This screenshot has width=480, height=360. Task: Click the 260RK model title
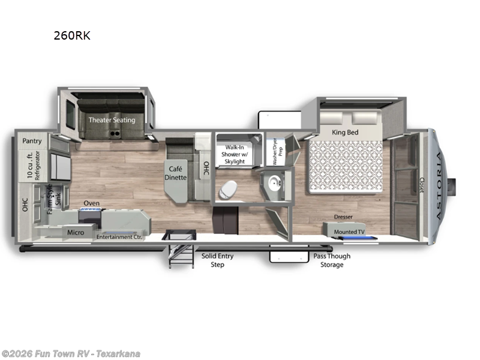click(x=71, y=35)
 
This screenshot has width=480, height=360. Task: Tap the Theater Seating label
click(x=112, y=119)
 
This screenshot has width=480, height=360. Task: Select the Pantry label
click(x=32, y=141)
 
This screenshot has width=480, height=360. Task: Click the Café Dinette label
click(x=176, y=173)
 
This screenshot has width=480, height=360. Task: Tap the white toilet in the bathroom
click(x=228, y=189)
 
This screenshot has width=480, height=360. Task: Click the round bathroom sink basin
click(x=274, y=183)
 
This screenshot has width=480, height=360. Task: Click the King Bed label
click(x=345, y=131)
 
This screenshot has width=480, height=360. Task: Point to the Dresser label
click(x=344, y=217)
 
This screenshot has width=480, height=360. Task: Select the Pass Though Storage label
click(x=332, y=260)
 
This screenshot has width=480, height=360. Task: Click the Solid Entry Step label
click(x=217, y=260)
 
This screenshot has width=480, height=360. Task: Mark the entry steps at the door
click(x=177, y=252)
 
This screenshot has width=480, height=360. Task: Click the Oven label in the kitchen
click(x=91, y=203)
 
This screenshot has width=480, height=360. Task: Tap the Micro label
click(x=76, y=232)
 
